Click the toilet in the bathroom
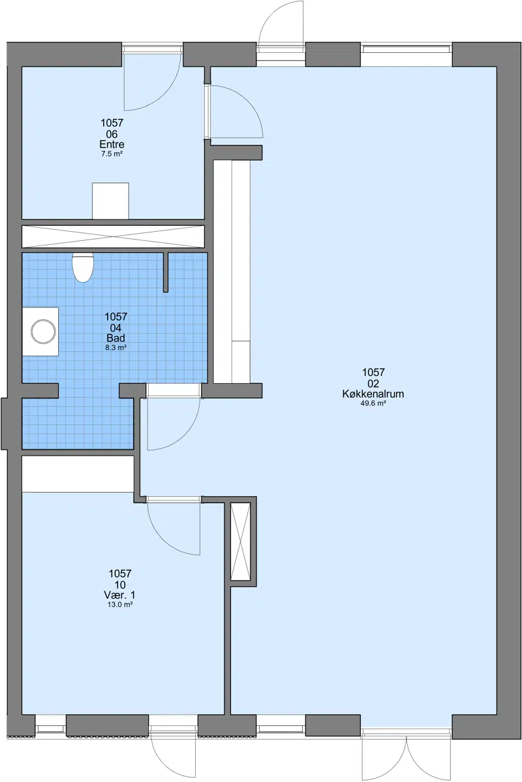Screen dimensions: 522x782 [83, 268]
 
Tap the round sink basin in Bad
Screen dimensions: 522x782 [43, 332]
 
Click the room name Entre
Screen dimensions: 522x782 [112, 145]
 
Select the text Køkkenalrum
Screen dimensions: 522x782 [373, 394]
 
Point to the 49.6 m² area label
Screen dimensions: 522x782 [373, 403]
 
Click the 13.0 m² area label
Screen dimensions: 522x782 [119, 604]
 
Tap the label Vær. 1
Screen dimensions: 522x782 [119, 595]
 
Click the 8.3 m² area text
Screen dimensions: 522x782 [115, 348]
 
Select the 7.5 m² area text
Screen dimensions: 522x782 [112, 154]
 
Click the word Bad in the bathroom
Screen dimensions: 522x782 [115, 338]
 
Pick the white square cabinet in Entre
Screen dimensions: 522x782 [110, 200]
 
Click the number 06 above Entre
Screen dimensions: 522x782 [112, 134]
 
